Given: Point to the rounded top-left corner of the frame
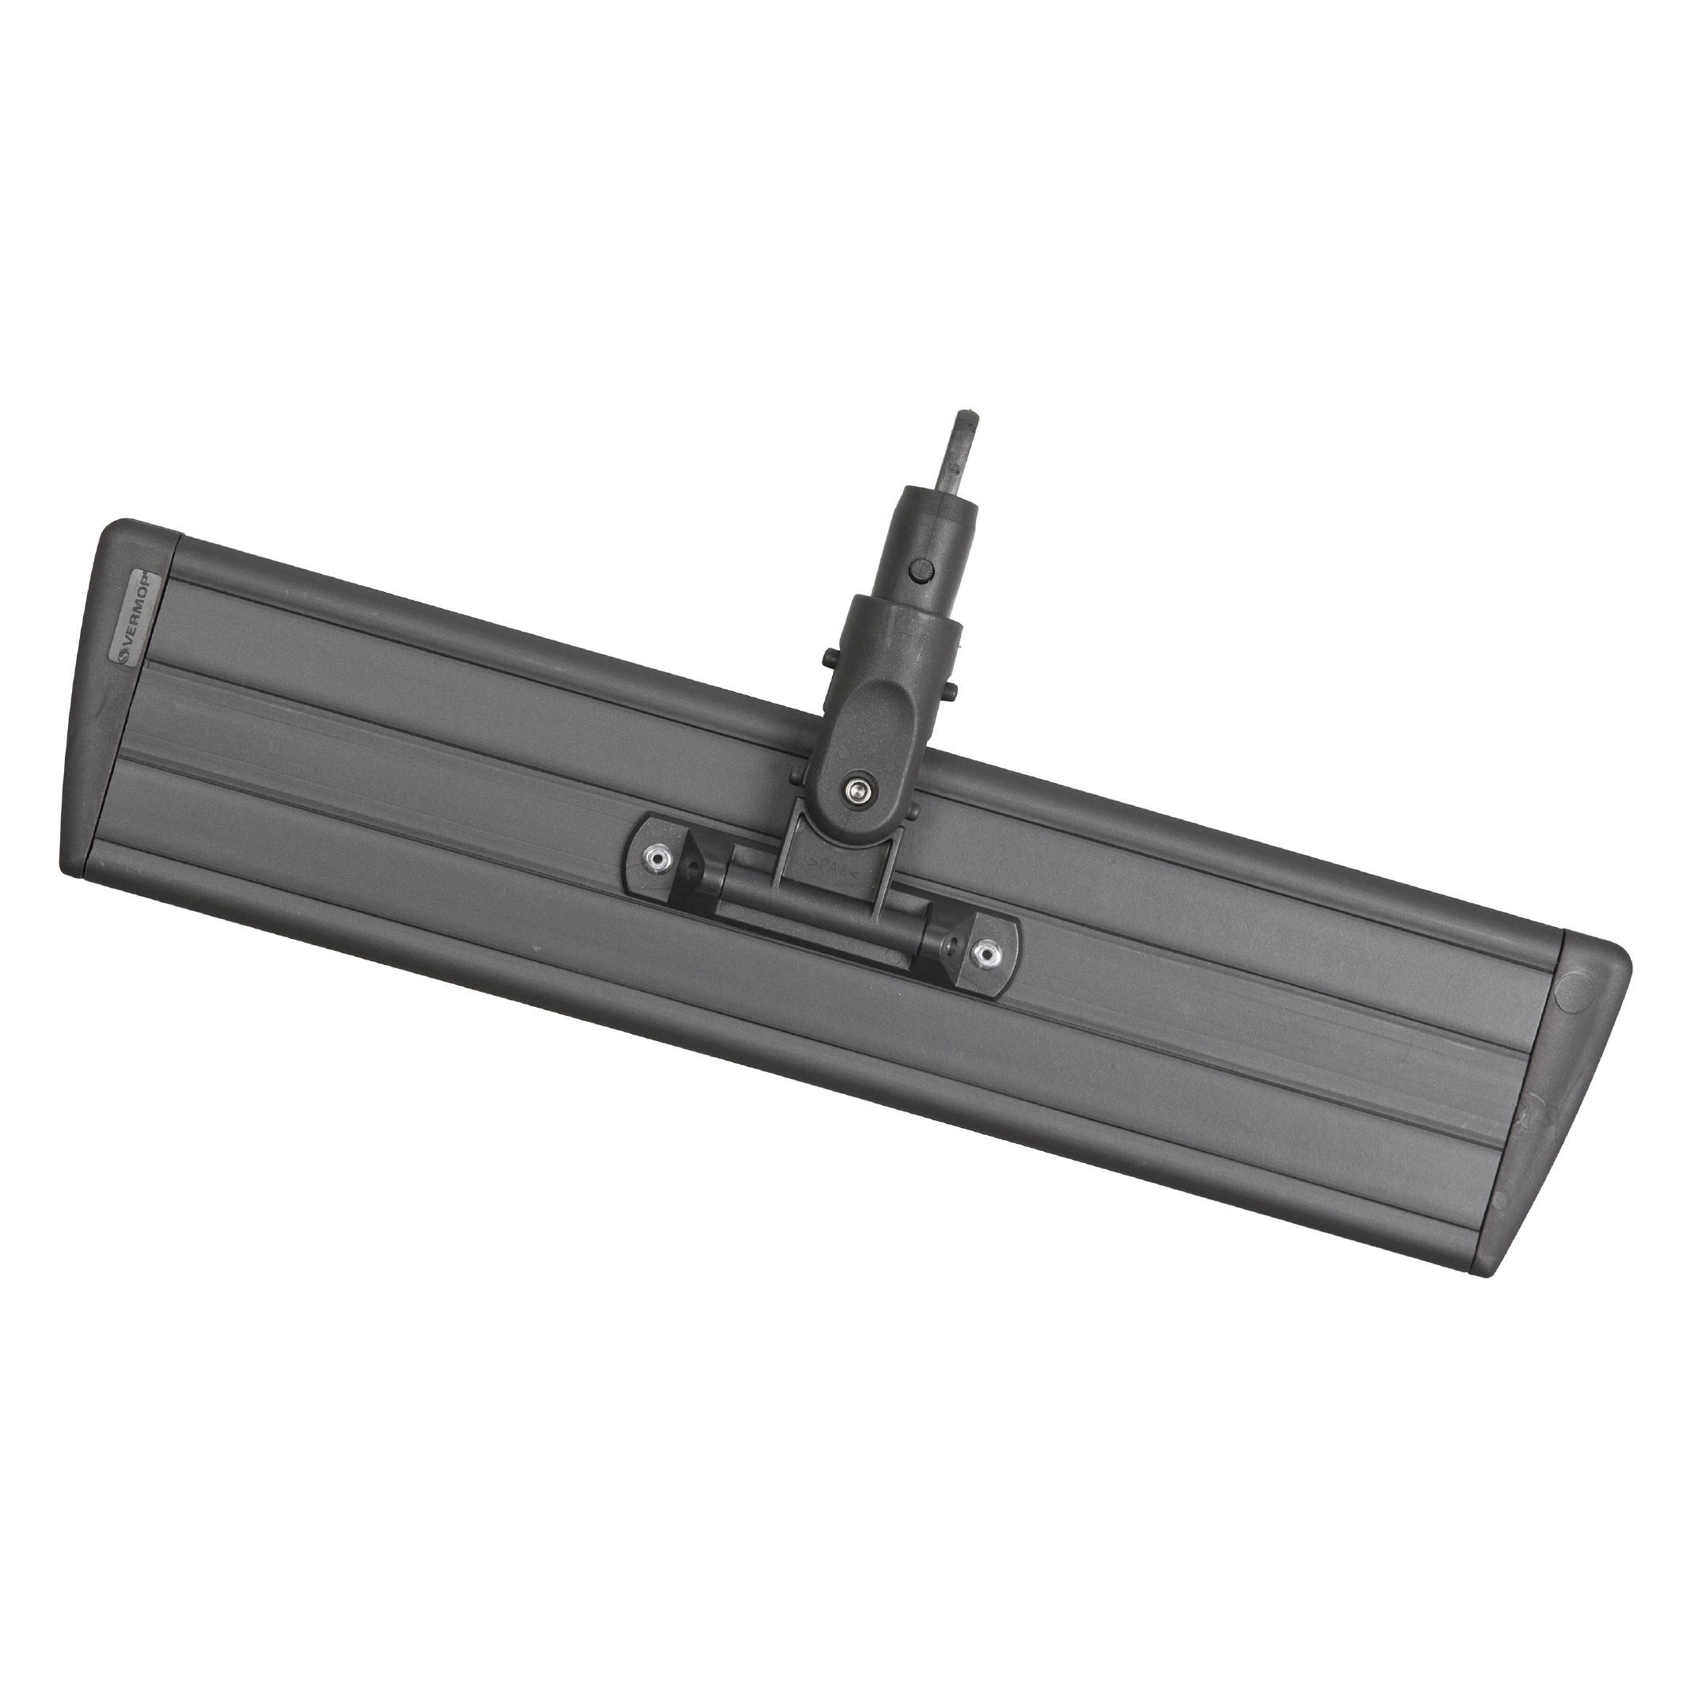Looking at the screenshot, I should [113, 531].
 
